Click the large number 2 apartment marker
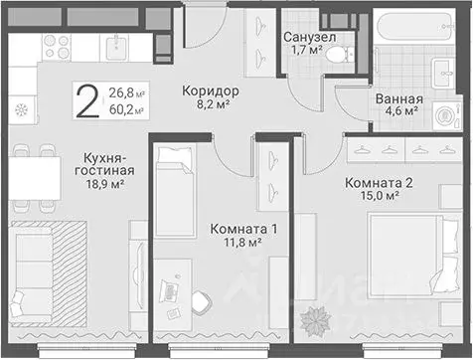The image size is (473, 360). (89, 100)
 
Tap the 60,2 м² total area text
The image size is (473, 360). (125, 109)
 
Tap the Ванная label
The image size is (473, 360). (400, 98)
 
